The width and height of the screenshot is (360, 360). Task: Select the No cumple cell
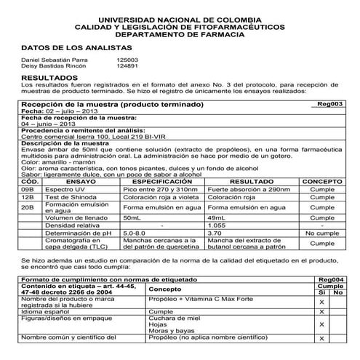321,233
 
